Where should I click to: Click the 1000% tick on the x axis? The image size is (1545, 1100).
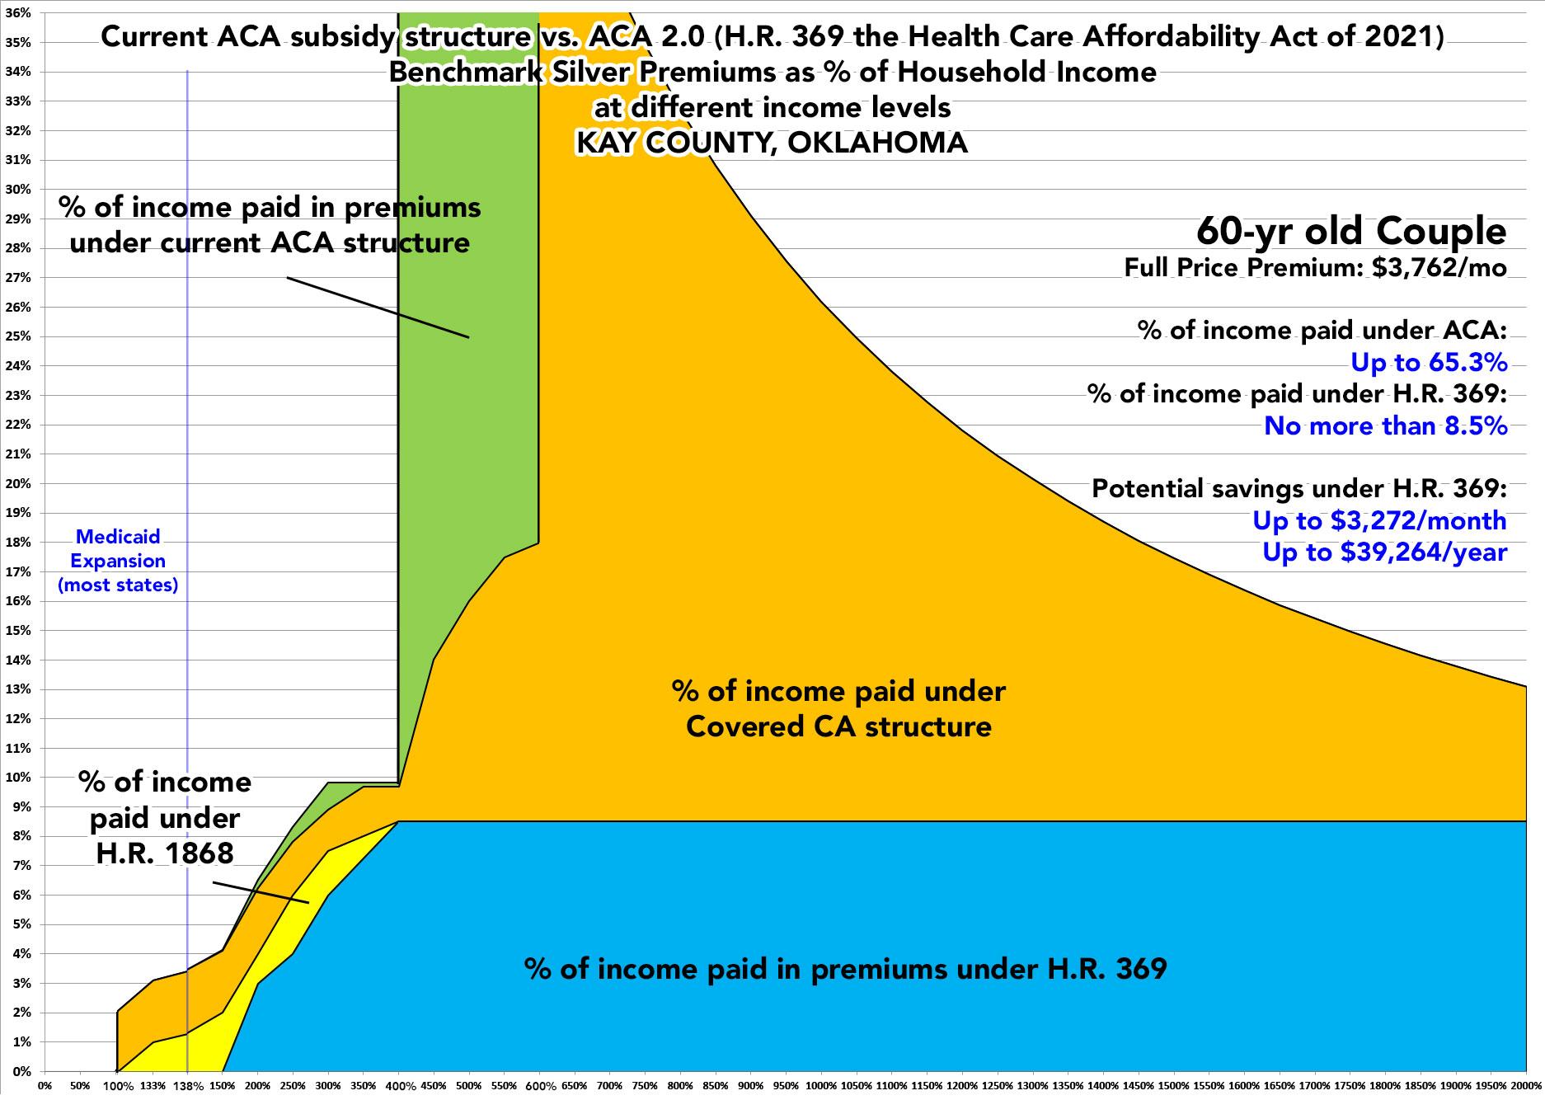(x=821, y=1086)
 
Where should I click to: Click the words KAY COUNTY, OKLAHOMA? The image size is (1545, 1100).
(x=772, y=143)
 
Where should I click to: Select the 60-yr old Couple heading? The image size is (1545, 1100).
(x=1351, y=232)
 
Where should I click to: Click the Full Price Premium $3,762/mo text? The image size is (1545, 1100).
(x=1316, y=268)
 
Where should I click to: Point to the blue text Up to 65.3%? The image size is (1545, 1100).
(x=1428, y=362)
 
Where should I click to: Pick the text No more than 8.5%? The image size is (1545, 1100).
(x=1385, y=425)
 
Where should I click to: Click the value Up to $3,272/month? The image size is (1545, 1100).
(x=1379, y=520)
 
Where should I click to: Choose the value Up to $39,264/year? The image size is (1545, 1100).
(x=1384, y=552)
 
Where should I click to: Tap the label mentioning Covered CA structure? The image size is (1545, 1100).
(x=838, y=708)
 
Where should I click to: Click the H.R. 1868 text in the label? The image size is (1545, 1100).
(x=165, y=853)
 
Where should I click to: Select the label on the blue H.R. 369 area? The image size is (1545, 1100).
(x=845, y=968)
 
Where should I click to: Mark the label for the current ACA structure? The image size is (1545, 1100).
(x=270, y=224)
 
